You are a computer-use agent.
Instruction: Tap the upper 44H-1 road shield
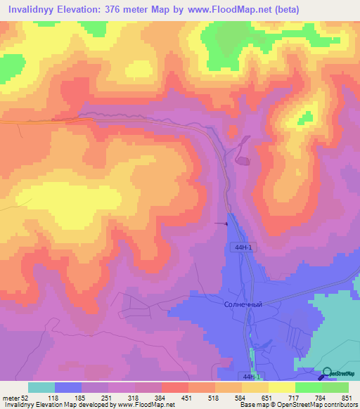click(x=242, y=247)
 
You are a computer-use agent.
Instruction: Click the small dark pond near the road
click(x=243, y=162)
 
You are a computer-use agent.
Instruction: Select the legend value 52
click(x=25, y=398)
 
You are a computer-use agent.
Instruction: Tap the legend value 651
click(x=267, y=398)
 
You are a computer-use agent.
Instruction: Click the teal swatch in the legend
click(x=41, y=387)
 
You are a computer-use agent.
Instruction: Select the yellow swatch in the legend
click(x=281, y=387)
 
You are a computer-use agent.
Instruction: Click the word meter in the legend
click(x=11, y=398)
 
